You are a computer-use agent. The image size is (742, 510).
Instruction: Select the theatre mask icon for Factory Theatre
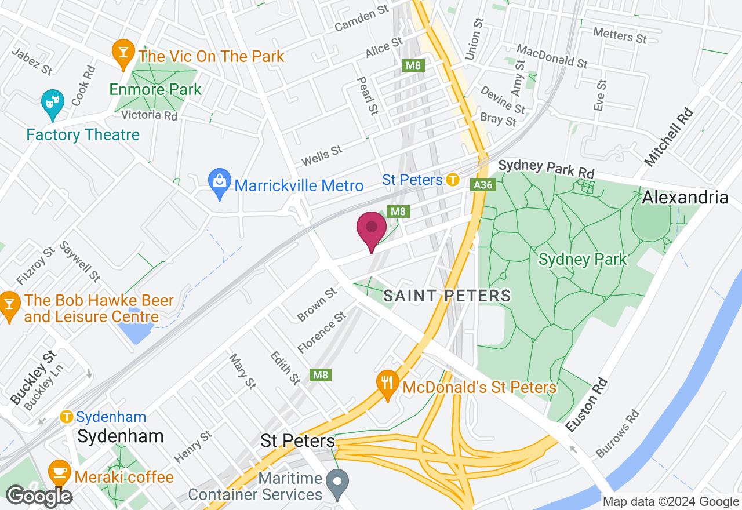coord(53,103)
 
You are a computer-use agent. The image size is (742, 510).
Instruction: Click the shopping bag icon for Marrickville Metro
coord(220,181)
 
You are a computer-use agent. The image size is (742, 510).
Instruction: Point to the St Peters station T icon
coord(453,180)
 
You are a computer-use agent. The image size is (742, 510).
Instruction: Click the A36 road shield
coord(482,185)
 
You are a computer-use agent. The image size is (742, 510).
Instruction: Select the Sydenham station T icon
coord(67,417)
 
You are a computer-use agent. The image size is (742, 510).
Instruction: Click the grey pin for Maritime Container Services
coord(337,480)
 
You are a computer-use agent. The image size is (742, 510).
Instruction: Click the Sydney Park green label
coord(583,259)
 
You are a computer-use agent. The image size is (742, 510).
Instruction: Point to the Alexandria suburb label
coord(685,197)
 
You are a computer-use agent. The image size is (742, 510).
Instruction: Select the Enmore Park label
coord(155,89)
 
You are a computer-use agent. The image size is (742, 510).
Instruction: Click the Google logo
coord(38,496)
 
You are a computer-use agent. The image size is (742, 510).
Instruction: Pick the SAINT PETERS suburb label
coord(447,296)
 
